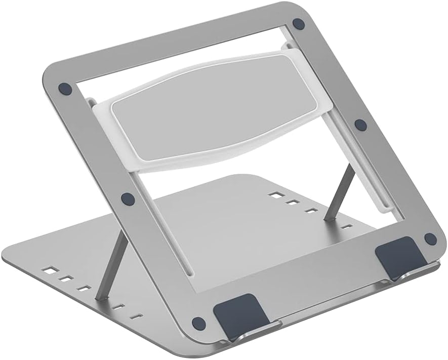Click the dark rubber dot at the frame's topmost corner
[x=299, y=23]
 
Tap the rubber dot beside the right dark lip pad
[x=430, y=238]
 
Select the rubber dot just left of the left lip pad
[x=199, y=323]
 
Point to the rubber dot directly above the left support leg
[x=128, y=198]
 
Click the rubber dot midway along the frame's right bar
[x=360, y=125]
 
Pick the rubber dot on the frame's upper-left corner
[x=65, y=88]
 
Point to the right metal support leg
[x=338, y=192]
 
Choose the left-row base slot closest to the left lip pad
[x=136, y=316]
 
